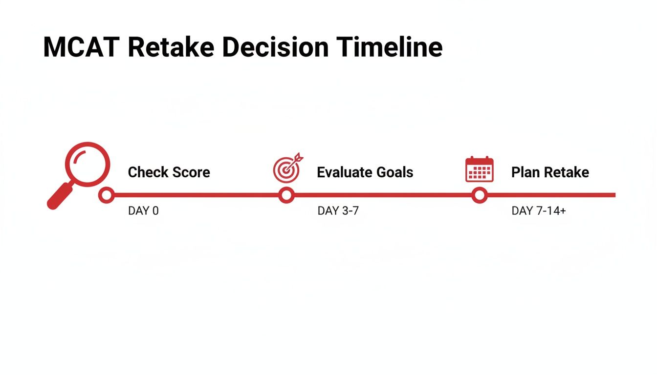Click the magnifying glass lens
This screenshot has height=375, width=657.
click(88, 164)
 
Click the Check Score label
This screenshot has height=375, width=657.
click(169, 172)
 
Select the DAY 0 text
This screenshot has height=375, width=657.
click(143, 211)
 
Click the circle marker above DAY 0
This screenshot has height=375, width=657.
click(106, 195)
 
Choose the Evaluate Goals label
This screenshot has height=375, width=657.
click(365, 172)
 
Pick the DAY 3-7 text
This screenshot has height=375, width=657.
click(338, 211)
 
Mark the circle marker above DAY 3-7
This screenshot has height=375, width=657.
click(286, 195)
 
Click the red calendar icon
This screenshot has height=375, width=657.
click(479, 169)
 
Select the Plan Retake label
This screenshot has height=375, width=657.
click(550, 172)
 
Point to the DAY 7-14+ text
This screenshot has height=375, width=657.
click(538, 211)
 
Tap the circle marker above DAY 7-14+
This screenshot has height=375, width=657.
click(480, 195)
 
